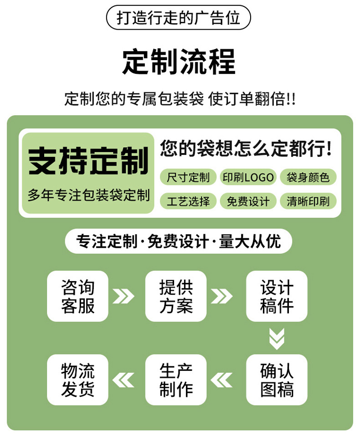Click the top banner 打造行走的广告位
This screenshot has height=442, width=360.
179,18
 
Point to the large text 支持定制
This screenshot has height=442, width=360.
88,161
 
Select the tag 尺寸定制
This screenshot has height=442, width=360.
188,177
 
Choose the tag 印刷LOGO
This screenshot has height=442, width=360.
248,177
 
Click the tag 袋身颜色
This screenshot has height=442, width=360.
308,177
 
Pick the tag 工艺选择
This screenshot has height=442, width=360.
188,201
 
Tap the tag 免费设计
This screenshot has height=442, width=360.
248,201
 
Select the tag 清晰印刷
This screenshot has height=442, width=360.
308,201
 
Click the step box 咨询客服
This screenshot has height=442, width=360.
78,296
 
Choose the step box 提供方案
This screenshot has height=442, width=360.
176,296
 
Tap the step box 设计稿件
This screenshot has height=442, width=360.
277,296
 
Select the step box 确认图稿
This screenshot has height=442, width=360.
277,380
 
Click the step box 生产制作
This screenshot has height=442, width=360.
176,380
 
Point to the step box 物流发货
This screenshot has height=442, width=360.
78,380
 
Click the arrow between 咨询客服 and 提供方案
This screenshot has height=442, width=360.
123,296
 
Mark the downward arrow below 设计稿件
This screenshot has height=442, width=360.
277,339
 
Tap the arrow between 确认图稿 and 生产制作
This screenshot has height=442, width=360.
222,380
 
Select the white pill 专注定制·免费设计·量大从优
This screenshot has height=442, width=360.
179,241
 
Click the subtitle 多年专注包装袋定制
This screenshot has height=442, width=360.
88,195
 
